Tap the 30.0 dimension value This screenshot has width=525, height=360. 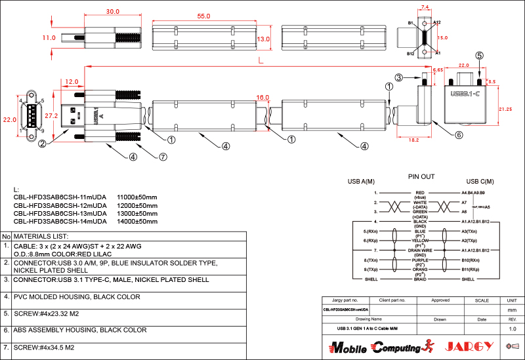[x=112, y=12]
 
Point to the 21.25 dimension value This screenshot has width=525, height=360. [x=505, y=109]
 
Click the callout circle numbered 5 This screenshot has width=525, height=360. [x=479, y=56]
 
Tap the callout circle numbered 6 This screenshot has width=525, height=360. [x=459, y=135]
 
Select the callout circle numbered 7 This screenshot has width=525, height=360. [x=163, y=157]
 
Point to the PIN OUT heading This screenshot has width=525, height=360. [x=421, y=176]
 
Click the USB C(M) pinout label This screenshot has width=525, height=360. [x=482, y=182]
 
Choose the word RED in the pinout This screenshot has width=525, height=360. [x=421, y=193]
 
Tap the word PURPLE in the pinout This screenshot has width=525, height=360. [x=421, y=260]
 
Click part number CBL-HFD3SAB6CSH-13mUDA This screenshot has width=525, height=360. [x=60, y=213]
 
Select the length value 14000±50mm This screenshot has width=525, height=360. [x=137, y=222]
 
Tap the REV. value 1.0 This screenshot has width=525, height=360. [x=513, y=329]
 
